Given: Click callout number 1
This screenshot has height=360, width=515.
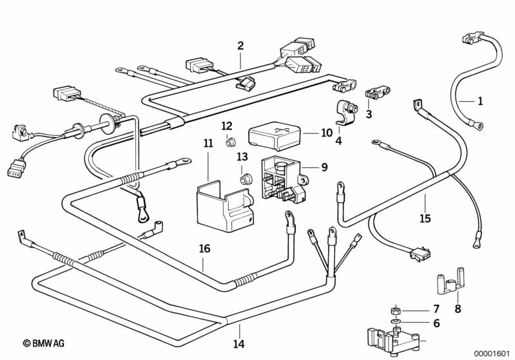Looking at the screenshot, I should [480, 101].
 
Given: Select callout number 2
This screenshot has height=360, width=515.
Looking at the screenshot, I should [240, 46].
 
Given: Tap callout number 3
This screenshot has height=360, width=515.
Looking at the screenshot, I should [369, 115].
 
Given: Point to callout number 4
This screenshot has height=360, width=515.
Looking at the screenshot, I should [338, 140].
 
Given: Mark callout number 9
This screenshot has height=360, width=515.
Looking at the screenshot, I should [324, 167].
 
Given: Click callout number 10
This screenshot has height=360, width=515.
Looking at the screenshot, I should [326, 133].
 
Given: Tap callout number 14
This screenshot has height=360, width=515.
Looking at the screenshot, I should [239, 345].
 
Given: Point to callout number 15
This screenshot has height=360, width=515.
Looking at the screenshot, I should [424, 219].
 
